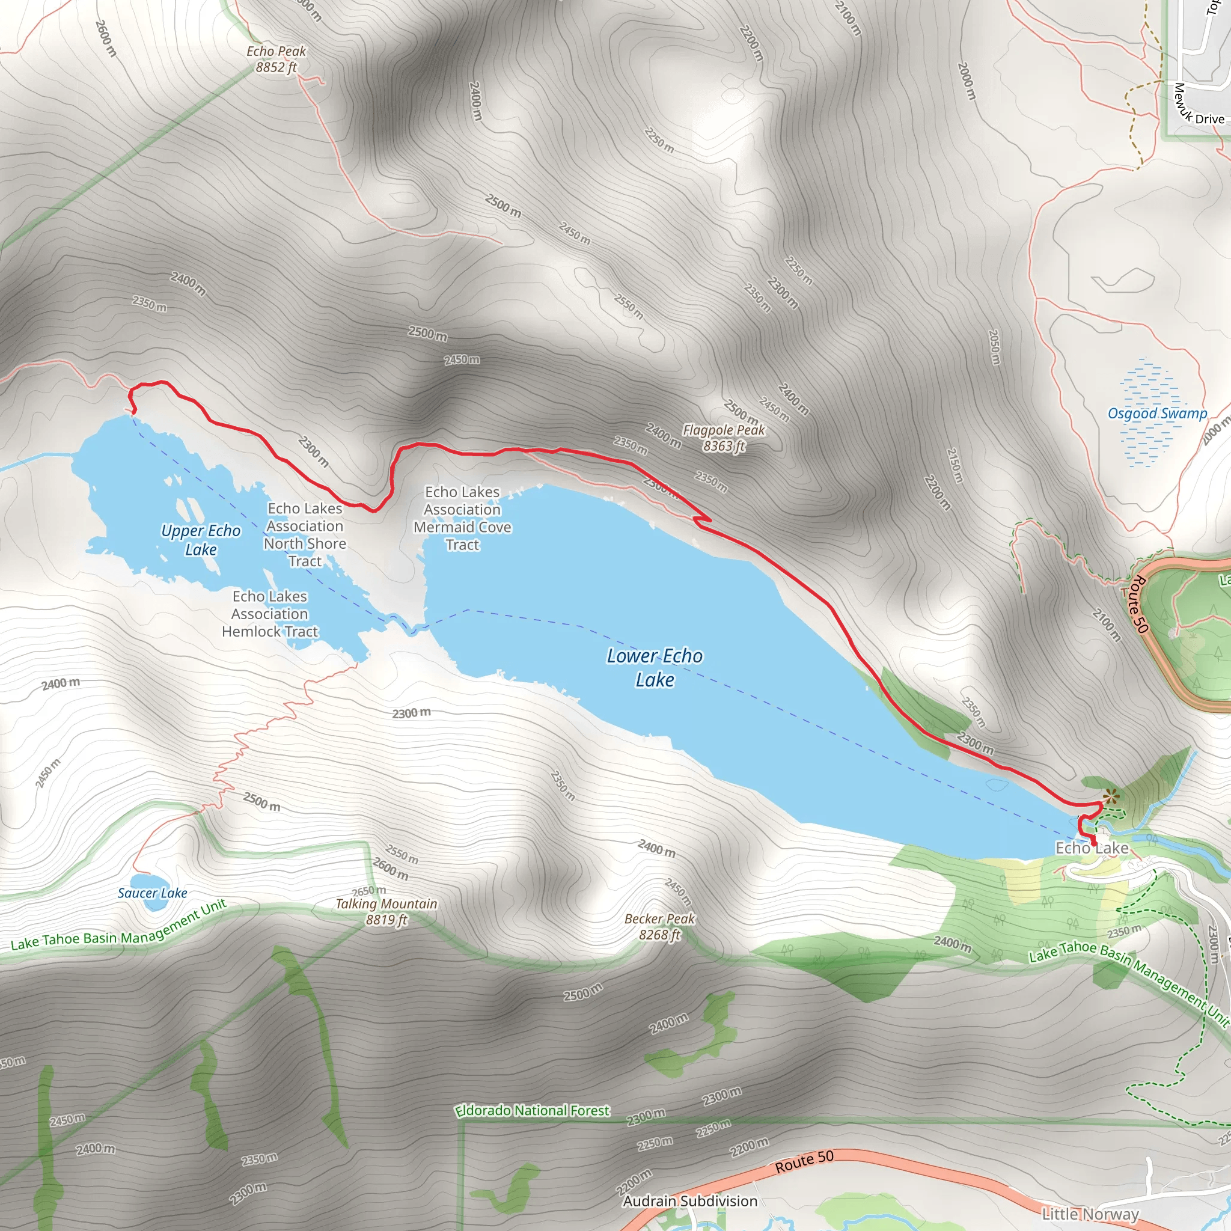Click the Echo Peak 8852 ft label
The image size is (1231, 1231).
coord(276,60)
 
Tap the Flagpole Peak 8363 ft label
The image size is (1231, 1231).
coord(723,438)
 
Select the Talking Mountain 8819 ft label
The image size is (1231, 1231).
coord(386,911)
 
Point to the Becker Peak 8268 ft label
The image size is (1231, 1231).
coord(659,926)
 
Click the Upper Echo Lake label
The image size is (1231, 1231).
coord(201,540)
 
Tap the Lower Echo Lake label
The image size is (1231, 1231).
coord(655,667)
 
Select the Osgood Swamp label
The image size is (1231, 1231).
coord(1157,414)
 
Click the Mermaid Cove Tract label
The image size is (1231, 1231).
coord(462,518)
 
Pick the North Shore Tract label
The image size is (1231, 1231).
coord(305,534)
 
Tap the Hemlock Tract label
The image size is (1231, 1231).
coord(269,614)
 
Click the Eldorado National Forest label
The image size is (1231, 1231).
coord(532,1111)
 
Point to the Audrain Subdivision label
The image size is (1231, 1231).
coord(690,1201)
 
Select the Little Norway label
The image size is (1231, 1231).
coord(1090,1214)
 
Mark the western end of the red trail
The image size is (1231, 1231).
coord(133,412)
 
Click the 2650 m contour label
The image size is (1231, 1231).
coord(369,890)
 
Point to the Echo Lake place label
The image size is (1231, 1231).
coord(1092,848)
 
